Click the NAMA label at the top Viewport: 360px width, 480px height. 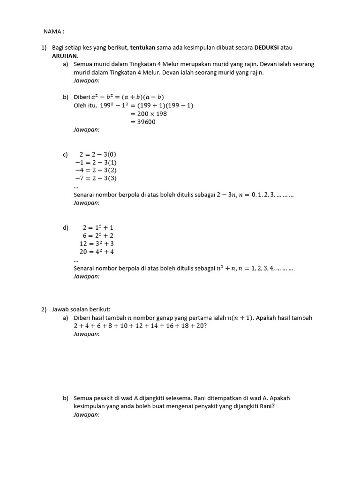[x=53, y=31]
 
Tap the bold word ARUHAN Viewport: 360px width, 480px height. [x=65, y=55]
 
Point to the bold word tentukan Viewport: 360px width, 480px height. [x=142, y=48]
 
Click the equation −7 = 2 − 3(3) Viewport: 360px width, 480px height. [x=96, y=178]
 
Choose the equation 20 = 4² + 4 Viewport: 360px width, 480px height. [x=97, y=252]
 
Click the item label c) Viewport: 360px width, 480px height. [x=65, y=154]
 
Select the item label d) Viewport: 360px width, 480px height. [x=66, y=228]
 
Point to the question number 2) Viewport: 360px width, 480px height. [x=44, y=309]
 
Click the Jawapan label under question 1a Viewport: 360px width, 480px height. [x=86, y=81]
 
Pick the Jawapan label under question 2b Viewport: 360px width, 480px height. [x=86, y=415]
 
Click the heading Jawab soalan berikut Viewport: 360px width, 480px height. [x=81, y=309]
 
